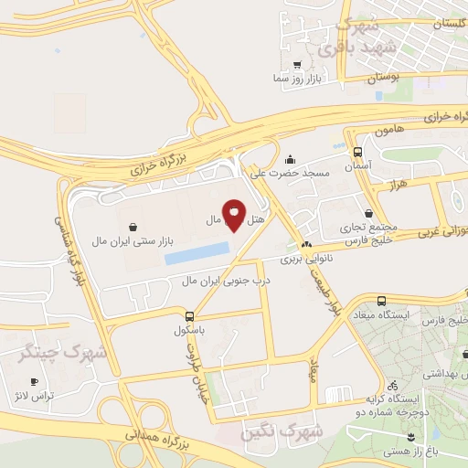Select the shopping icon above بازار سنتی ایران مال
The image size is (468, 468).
pyautogui.click(x=133, y=225)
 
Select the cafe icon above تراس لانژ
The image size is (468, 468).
pyautogui.click(x=35, y=381)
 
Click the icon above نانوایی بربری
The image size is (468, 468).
pyautogui.click(x=306, y=245)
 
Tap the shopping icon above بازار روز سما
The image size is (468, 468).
pyautogui.click(x=297, y=65)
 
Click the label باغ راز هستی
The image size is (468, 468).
pyautogui.click(x=432, y=450)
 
